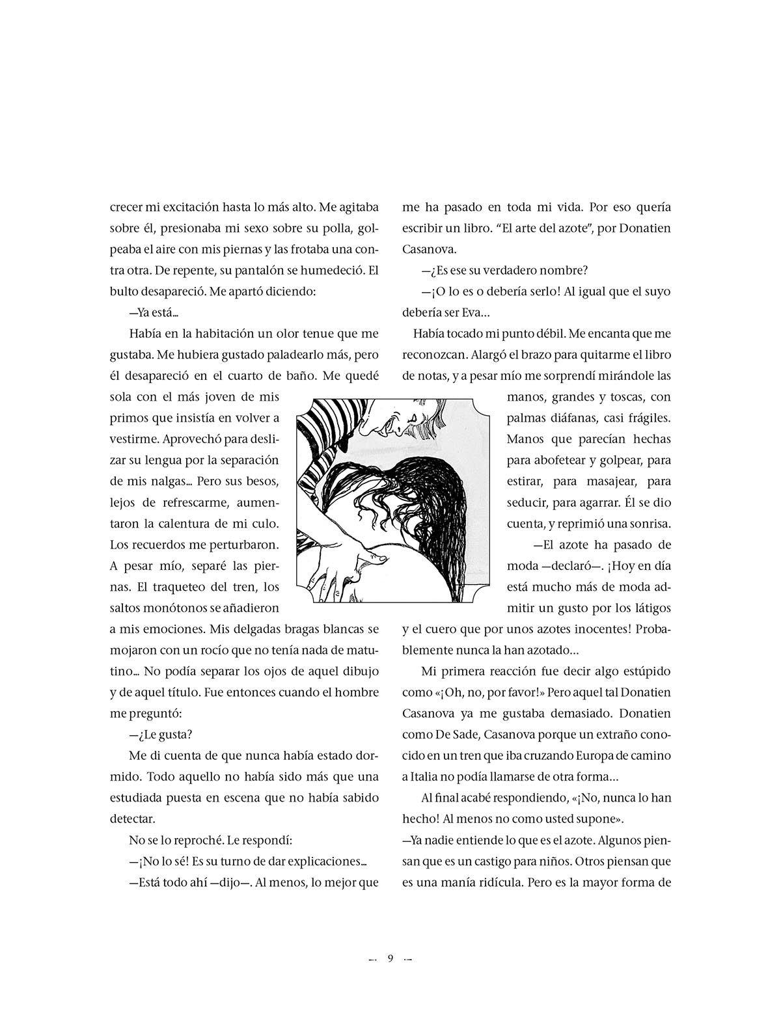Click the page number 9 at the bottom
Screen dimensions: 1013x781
tap(390, 958)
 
